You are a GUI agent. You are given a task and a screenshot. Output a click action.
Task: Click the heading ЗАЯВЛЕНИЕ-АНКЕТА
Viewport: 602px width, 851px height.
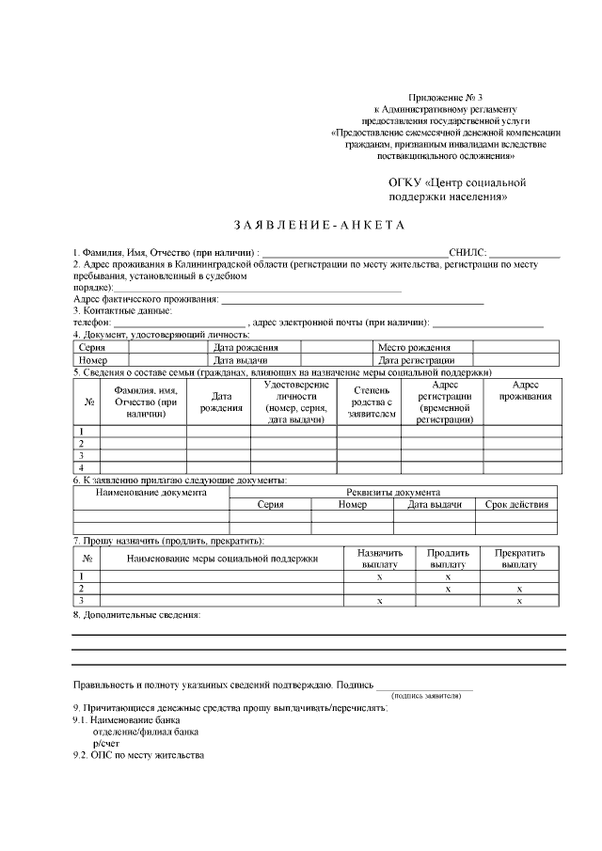[x=317, y=226]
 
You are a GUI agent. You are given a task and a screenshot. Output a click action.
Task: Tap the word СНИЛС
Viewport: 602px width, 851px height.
[x=467, y=253]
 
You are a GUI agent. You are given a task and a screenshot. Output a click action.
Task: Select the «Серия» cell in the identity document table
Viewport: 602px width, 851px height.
[x=92, y=348]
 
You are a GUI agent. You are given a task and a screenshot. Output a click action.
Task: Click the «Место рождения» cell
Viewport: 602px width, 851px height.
[x=414, y=348]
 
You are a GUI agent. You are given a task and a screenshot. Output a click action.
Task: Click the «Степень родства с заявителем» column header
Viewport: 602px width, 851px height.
[x=369, y=402]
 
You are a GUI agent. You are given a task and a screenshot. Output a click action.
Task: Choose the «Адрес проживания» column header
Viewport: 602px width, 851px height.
[x=525, y=391]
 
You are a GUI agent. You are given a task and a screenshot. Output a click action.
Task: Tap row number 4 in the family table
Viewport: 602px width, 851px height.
[x=82, y=466]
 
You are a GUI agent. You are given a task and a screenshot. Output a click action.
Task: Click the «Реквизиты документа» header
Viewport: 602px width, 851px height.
[x=392, y=492]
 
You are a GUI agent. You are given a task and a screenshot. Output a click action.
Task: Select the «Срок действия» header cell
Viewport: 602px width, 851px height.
[x=515, y=505]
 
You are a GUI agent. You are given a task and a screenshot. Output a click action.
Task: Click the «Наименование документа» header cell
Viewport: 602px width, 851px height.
[x=150, y=492]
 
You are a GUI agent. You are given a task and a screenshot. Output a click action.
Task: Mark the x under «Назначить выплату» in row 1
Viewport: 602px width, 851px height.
[x=380, y=576]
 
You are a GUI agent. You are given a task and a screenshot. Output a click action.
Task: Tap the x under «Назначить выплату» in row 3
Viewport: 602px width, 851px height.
[x=380, y=601]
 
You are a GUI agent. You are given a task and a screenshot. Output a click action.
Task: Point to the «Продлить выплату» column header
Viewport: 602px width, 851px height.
[x=448, y=559]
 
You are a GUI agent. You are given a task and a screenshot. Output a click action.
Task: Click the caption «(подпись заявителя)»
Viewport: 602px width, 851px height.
[x=426, y=696]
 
